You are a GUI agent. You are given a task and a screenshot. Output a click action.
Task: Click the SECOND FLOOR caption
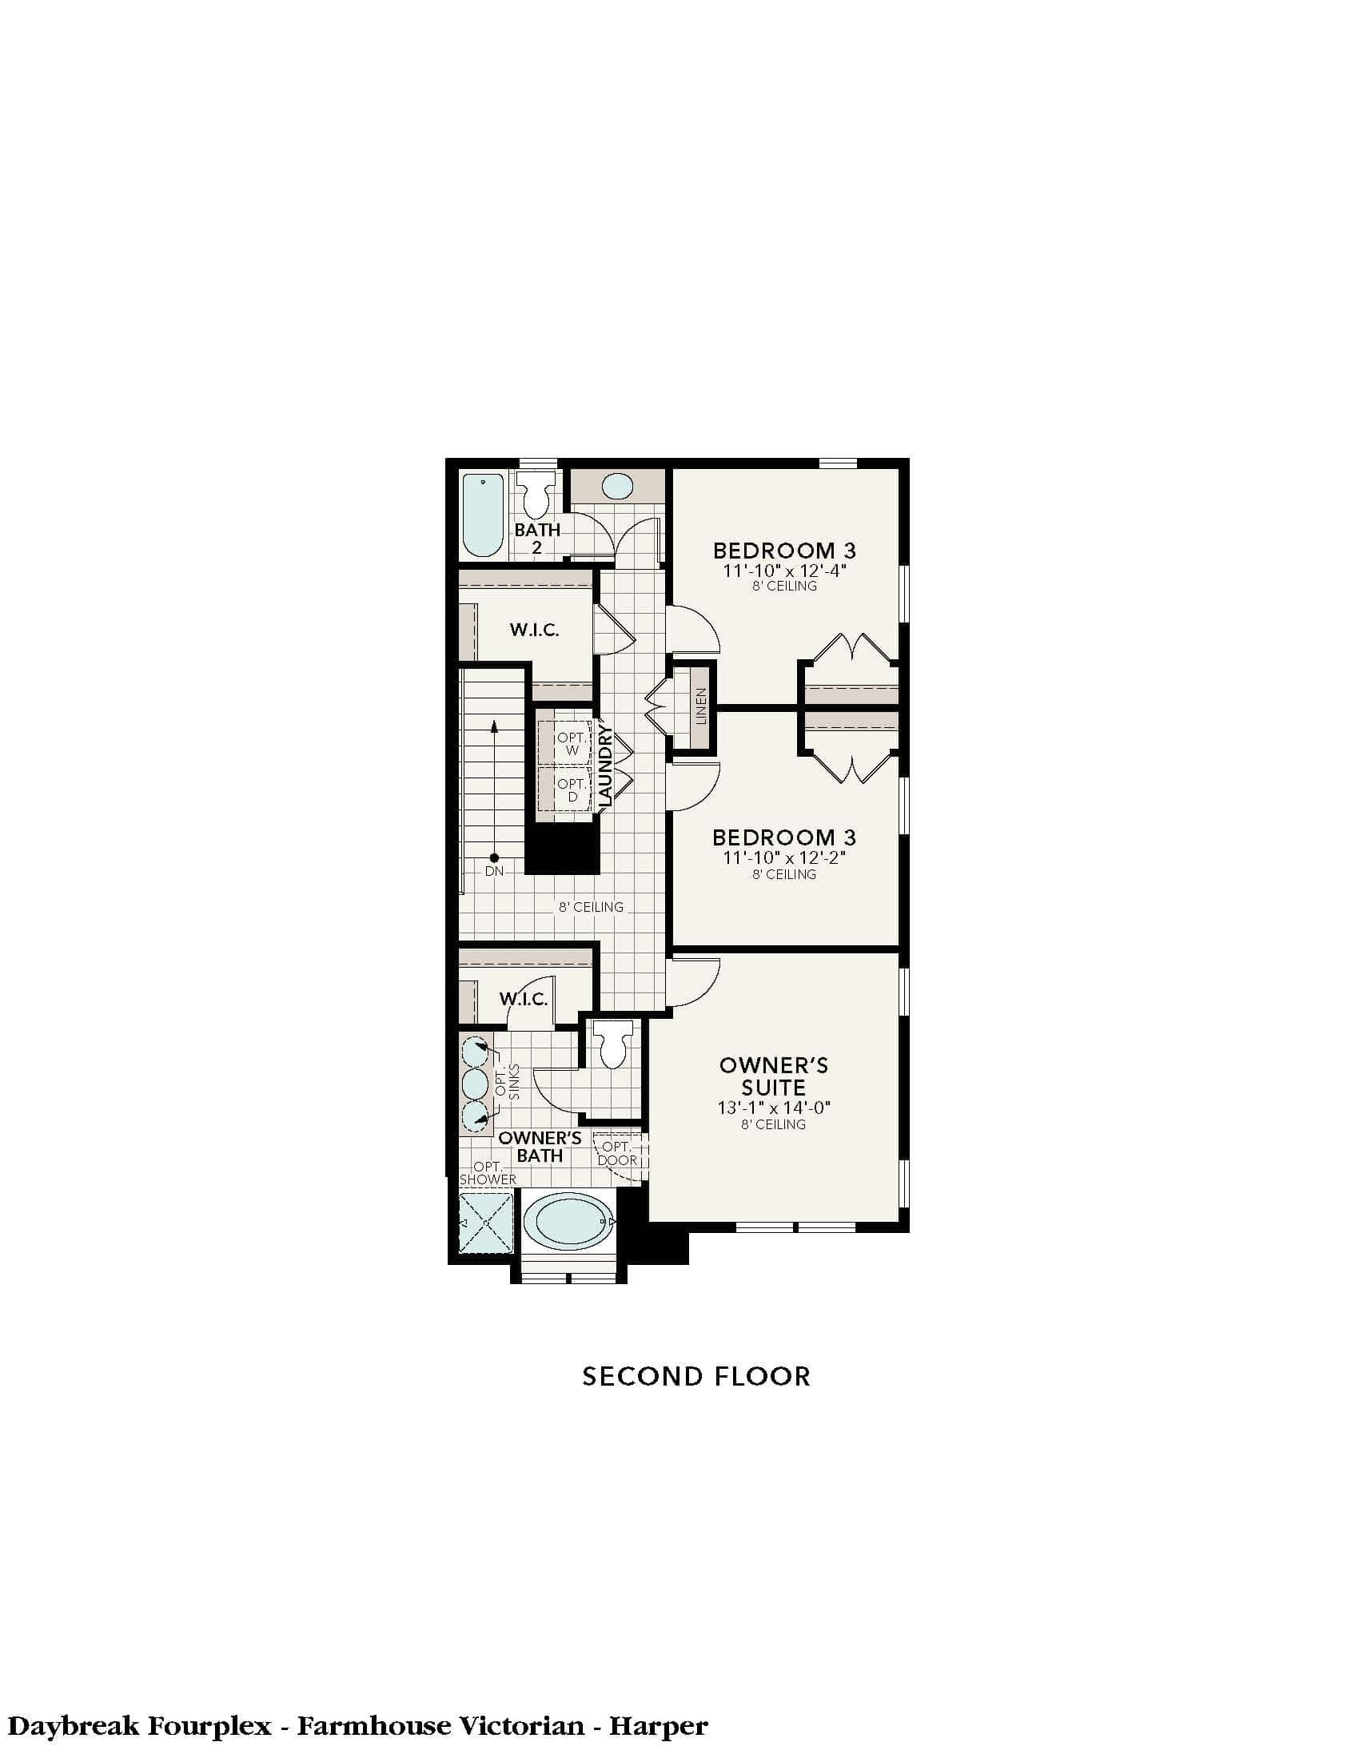click(x=696, y=1377)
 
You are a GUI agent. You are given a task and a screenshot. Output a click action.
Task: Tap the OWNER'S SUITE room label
click(x=774, y=1076)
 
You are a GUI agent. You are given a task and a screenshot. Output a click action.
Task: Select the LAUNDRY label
click(x=605, y=766)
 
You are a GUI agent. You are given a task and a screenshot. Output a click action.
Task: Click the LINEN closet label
click(x=700, y=706)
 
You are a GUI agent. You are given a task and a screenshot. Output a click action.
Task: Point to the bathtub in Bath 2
click(x=483, y=515)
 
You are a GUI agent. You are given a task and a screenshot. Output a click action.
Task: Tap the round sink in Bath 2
click(x=617, y=486)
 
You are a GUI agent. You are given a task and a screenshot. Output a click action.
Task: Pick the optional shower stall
click(x=485, y=1223)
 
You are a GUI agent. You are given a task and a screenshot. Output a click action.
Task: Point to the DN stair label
click(x=494, y=871)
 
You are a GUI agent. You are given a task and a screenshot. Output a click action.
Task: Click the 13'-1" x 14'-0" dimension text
click(x=774, y=1108)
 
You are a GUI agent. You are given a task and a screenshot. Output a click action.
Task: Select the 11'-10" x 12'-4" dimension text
click(x=784, y=571)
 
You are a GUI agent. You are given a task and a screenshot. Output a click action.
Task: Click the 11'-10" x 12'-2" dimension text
click(x=784, y=858)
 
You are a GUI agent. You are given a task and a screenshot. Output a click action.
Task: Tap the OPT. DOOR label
click(x=618, y=1152)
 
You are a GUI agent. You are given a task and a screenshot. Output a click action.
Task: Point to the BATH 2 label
click(x=537, y=539)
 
